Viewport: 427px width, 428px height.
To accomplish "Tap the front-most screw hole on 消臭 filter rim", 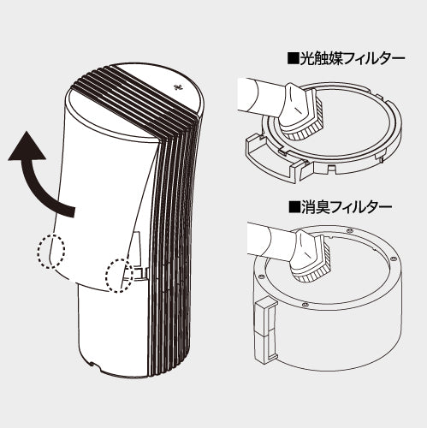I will [305, 302].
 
